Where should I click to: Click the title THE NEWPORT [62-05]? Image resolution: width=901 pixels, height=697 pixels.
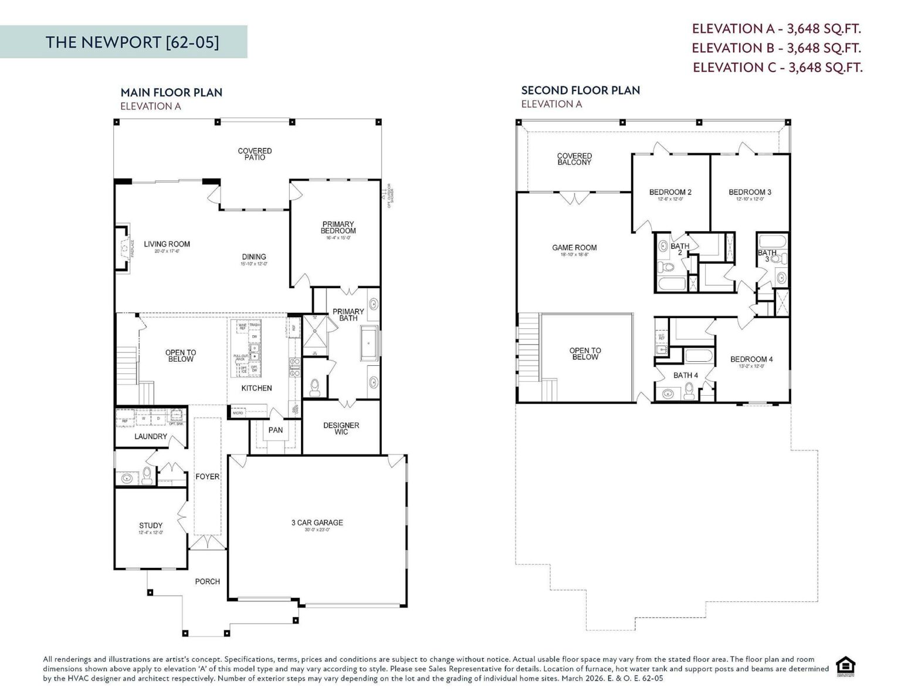pos(133,42)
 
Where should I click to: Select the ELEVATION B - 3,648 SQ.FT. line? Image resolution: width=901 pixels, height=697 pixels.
pos(776,48)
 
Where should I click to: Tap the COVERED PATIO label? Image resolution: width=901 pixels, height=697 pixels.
pos(255,154)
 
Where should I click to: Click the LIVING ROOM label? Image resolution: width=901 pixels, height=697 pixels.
pos(167,244)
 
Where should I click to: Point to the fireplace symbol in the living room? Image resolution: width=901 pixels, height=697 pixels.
pos(124,248)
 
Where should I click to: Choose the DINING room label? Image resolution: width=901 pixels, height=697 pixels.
pos(254,257)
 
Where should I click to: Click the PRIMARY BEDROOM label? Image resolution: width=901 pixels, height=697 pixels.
pos(338,228)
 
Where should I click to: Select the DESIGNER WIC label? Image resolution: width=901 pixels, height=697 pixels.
pos(341,429)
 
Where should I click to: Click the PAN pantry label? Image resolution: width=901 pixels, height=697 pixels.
pos(275,430)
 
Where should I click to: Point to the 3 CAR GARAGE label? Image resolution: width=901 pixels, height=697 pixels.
pos(317,523)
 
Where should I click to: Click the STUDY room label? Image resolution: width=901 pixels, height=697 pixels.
pos(151,526)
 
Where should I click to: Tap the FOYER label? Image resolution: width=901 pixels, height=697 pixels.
pos(207,477)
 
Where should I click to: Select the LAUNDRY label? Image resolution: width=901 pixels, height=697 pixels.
pos(151,436)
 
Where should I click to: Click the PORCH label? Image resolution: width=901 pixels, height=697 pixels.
pos(207,581)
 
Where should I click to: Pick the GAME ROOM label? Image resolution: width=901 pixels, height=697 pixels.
pos(574,248)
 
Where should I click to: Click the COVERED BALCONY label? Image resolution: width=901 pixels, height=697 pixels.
pos(574,159)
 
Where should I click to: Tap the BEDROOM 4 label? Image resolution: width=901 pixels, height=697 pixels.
pos(751,359)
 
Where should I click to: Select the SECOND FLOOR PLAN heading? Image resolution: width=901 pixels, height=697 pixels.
pos(580,90)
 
